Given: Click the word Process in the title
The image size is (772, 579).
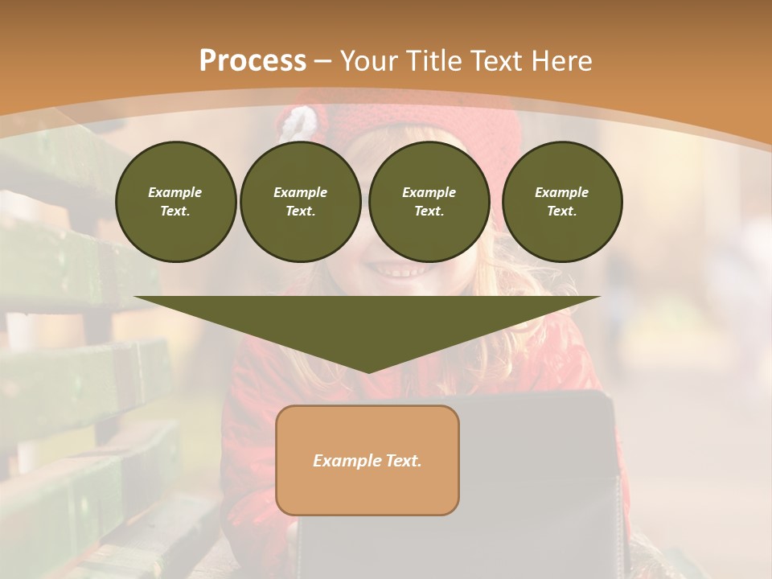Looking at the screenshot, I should click(253, 61).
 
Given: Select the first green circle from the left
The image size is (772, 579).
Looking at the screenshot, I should click(175, 201).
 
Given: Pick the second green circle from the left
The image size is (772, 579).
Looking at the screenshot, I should click(300, 201).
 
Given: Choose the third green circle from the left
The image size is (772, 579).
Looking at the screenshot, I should click(429, 201).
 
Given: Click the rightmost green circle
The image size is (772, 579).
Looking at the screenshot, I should click(561, 201).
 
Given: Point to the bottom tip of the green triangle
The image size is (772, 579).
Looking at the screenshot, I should click(368, 372).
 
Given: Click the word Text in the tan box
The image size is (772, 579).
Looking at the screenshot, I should click(403, 461).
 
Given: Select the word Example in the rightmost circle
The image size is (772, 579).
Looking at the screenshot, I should click(561, 192).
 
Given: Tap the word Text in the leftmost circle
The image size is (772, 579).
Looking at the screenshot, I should click(175, 211).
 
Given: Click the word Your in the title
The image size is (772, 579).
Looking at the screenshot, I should click(368, 61).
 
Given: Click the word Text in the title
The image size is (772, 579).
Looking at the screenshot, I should click(496, 61).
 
